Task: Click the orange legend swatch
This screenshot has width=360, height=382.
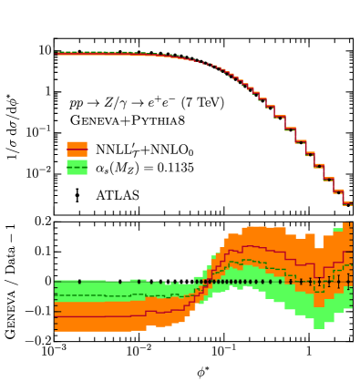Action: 77,149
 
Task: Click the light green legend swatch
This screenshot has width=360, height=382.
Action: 77,167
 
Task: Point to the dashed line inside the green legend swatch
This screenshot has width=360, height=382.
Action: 77,168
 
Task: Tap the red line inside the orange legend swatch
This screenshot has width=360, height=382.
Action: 77,150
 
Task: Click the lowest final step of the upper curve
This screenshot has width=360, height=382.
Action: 347,203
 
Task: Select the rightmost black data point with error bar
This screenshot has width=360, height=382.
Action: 348,281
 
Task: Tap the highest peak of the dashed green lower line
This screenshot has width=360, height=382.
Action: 236,261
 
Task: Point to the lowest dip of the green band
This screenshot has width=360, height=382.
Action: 317,325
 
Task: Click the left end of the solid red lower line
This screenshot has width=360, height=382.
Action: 56,316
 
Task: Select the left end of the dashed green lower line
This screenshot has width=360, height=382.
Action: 56,295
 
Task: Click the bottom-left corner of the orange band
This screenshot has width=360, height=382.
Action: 56,330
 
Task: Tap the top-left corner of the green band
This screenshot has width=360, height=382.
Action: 56,281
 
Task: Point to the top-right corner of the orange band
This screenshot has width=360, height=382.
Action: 351,223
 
